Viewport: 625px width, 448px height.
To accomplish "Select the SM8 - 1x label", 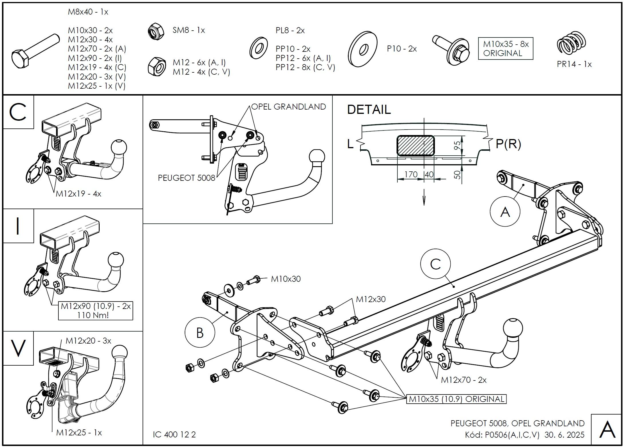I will (189, 30).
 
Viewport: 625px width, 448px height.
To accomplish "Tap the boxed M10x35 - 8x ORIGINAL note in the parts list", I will (506, 49).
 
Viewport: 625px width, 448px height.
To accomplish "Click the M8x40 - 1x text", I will (88, 12).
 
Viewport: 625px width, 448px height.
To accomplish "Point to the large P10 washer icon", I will (363, 49).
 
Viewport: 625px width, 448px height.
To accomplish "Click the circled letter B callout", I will (200, 333).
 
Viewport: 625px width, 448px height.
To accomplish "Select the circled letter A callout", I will (505, 212).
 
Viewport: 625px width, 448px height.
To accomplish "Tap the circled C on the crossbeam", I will (435, 264).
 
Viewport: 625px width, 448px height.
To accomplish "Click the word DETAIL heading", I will (369, 110).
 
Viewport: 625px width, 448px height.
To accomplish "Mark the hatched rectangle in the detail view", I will (415, 146).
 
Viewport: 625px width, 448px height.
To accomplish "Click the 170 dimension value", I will (411, 174).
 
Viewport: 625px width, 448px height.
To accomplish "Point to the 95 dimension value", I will (458, 145).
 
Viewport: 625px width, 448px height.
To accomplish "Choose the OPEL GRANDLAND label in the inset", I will (289, 107).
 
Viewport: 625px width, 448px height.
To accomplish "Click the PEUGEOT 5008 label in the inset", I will (186, 178).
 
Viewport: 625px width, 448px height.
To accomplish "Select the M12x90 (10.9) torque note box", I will (96, 311).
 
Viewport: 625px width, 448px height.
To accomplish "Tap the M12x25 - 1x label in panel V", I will (79, 432).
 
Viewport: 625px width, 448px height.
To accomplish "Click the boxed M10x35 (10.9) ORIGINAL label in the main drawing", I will (456, 399).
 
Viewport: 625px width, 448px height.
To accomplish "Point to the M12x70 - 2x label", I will (464, 380).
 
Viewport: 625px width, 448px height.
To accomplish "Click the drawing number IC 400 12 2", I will (174, 434).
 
